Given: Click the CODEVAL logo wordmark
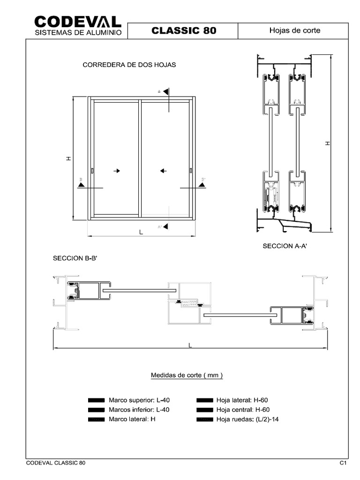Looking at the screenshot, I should click(x=78, y=22).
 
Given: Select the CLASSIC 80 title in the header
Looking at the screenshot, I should click(x=184, y=31).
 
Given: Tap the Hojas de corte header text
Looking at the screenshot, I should click(x=294, y=30).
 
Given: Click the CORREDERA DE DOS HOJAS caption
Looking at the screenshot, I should click(x=129, y=65).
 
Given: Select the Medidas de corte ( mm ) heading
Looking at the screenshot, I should click(x=187, y=375).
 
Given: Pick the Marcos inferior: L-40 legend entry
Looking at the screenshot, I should click(x=138, y=410).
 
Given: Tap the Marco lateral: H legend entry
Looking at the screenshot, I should click(x=132, y=419).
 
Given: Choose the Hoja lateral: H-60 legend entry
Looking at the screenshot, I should click(x=241, y=400).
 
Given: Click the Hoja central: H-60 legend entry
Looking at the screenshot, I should click(x=242, y=410).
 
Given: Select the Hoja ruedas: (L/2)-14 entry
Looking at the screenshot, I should click(x=247, y=419).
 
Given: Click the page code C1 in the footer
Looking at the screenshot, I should click(x=343, y=463).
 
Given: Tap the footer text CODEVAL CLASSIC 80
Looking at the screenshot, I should click(x=55, y=463).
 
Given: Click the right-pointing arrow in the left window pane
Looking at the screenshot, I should click(x=117, y=171).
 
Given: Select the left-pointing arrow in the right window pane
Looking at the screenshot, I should click(x=163, y=171).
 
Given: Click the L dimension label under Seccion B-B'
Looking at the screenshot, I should click(x=190, y=345).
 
